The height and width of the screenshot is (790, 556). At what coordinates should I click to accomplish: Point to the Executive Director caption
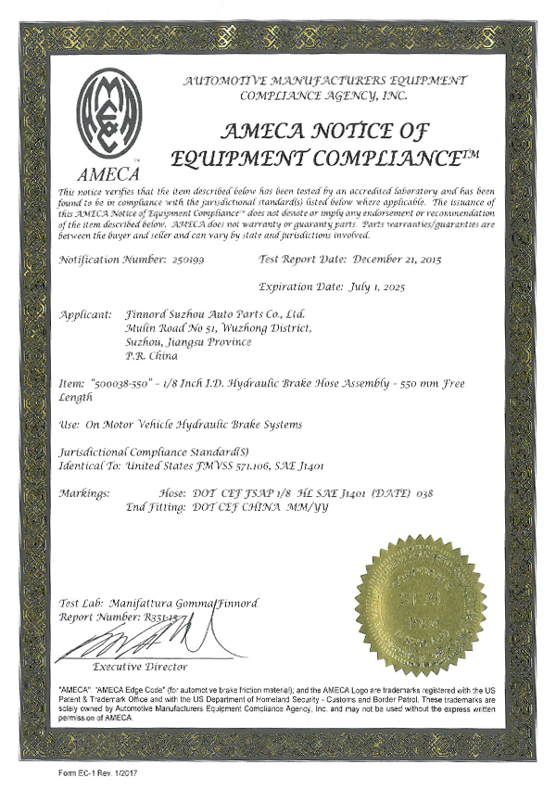140,667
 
